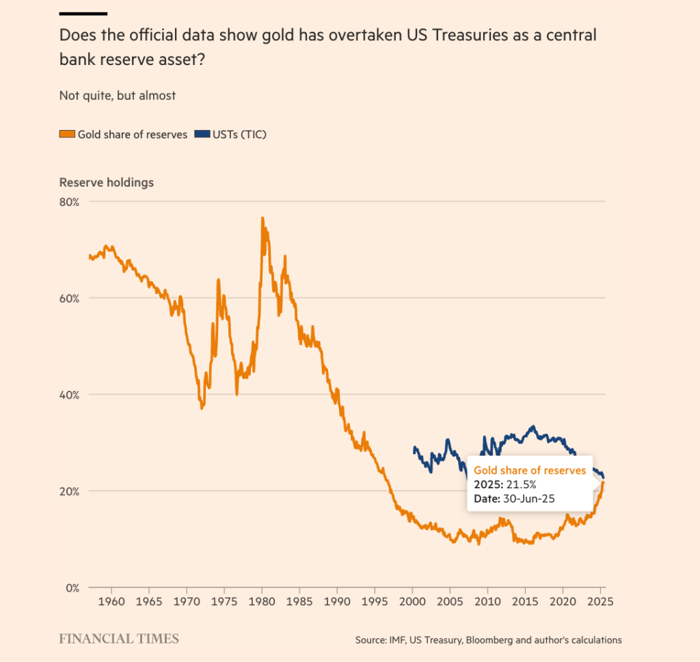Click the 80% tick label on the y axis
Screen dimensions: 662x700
pos(70,202)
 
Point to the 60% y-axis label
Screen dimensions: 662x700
pos(70,298)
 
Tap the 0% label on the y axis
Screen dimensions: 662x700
pos(73,587)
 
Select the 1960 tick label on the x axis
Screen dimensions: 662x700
pos(111,603)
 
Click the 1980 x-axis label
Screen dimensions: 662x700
pos(261,603)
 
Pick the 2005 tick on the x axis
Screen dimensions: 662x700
pos(450,603)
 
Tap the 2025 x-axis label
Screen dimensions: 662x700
pos(600,603)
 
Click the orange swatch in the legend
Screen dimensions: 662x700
pos(66,135)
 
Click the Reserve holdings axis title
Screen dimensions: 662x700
pos(107,183)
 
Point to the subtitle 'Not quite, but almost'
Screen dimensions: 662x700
pos(118,96)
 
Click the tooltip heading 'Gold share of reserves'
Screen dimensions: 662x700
pos(530,471)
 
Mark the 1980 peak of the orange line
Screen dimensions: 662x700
pos(262,218)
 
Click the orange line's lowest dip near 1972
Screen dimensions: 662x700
pos(202,408)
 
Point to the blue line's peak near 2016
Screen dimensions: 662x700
pos(533,426)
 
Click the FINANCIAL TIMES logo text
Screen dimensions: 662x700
pos(119,639)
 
